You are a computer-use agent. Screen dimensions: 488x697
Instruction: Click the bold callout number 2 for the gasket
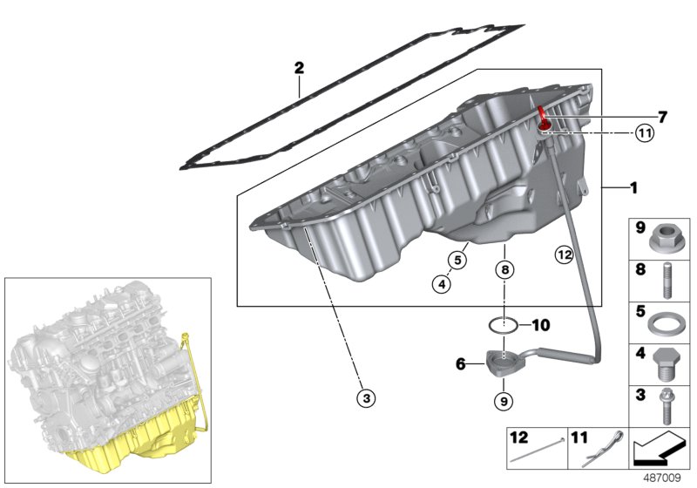[299, 67]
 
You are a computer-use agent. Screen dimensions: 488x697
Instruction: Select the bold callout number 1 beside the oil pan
[633, 187]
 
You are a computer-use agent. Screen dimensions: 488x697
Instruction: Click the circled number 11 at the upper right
[644, 133]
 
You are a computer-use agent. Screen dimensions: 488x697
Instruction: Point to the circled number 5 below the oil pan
[455, 259]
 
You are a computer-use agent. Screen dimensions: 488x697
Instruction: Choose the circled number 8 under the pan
[504, 270]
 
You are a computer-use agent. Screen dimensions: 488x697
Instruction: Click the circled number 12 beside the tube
[564, 254]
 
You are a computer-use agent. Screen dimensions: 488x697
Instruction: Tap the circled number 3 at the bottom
[367, 397]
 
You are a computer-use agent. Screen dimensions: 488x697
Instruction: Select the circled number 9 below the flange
[503, 401]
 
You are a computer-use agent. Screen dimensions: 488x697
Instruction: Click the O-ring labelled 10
[502, 325]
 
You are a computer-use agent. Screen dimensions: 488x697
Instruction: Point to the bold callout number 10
[540, 326]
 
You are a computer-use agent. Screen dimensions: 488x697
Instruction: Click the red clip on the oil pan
[542, 116]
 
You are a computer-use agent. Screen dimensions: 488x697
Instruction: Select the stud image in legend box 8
[666, 281]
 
